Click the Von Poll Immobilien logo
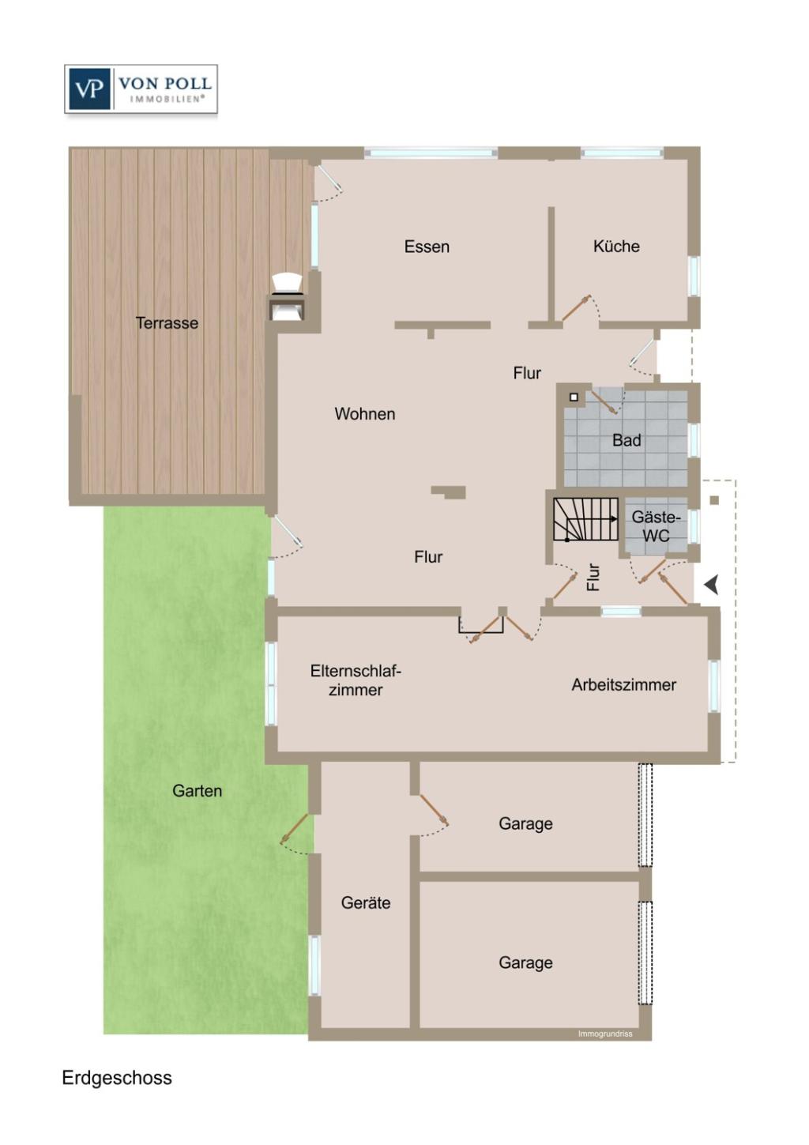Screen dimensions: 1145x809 pyautogui.click(x=141, y=89)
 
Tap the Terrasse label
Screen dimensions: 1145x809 pyautogui.click(x=167, y=322)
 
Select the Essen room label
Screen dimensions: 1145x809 pyautogui.click(x=427, y=247)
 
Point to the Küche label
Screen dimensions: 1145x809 pyautogui.click(x=616, y=246)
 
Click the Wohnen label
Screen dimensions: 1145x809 pyautogui.click(x=364, y=413)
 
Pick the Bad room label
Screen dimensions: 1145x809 pyautogui.click(x=627, y=440)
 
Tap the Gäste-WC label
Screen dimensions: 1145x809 pyautogui.click(x=656, y=526)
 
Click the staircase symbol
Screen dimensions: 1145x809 pyautogui.click(x=585, y=519)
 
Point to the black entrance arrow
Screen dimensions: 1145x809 pyautogui.click(x=711, y=585)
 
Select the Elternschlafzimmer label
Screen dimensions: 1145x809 pyautogui.click(x=356, y=680)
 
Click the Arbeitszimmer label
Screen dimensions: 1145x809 pyautogui.click(x=623, y=684)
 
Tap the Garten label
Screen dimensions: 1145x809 pyautogui.click(x=197, y=790)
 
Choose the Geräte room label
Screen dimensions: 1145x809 pyautogui.click(x=366, y=902)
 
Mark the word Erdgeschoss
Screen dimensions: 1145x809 pyautogui.click(x=117, y=1078)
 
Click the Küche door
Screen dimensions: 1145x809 pyautogui.click(x=576, y=308)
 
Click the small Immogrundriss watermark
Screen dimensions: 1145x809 pyautogui.click(x=605, y=1034)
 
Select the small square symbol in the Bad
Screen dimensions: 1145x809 pyautogui.click(x=574, y=397)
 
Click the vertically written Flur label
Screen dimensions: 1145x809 pyautogui.click(x=593, y=577)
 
